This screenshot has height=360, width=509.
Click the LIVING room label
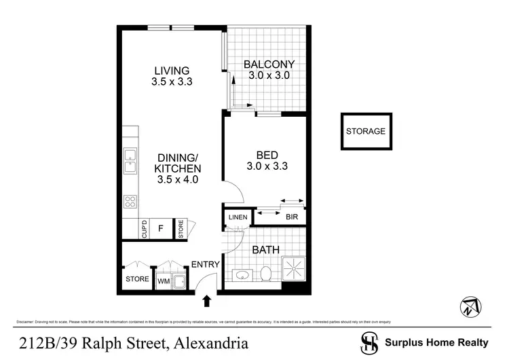(171, 70)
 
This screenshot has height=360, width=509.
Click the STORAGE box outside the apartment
(366, 131)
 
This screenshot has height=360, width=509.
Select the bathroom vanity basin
(242, 275)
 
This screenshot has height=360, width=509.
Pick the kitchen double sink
(130, 161)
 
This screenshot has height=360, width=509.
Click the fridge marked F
(161, 229)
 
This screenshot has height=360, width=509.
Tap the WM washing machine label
(164, 280)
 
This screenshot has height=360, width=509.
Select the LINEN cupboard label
(238, 217)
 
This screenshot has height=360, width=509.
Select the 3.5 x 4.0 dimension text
(178, 180)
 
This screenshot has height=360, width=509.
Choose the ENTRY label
(204, 264)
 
